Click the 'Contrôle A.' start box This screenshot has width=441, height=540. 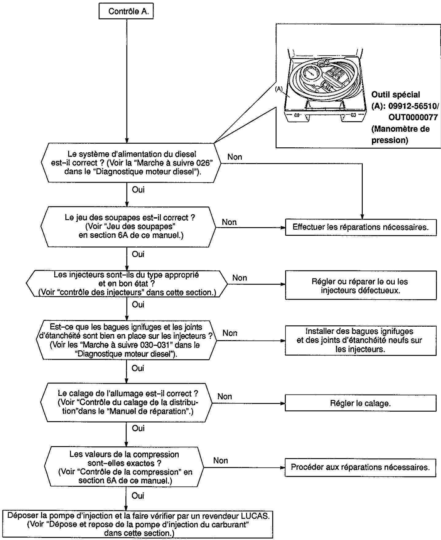[126, 12]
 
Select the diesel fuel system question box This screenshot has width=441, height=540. [131, 163]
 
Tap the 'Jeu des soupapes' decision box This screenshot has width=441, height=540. [129, 227]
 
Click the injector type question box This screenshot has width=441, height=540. [127, 283]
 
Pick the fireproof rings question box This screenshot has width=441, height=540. [126, 340]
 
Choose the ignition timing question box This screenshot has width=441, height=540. [126, 402]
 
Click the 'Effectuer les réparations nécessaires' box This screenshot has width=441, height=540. [361, 227]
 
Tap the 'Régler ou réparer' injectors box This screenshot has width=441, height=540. [361, 285]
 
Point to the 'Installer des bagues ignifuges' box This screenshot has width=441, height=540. [361, 340]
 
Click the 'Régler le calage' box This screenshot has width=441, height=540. [361, 403]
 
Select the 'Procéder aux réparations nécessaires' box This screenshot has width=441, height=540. [361, 467]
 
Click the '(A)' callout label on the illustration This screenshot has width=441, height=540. [279, 89]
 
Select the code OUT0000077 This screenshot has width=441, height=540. [413, 117]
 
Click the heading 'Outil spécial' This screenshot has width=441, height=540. [396, 95]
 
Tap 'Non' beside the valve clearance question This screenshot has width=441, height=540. [229, 222]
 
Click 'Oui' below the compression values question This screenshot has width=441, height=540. [138, 495]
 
